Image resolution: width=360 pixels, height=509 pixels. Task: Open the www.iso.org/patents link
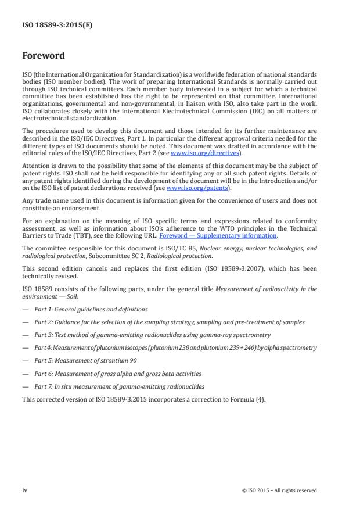pos(197,188)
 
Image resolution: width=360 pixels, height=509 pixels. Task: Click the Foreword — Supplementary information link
pos(218,236)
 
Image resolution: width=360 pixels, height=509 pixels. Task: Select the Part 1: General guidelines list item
pos(91,309)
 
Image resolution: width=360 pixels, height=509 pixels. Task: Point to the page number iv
pos(25,490)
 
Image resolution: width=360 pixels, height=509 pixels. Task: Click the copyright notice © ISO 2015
pos(279,490)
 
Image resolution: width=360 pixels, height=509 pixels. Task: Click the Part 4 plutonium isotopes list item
pos(175,347)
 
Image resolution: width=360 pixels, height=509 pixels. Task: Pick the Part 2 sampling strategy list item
pos(169,322)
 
